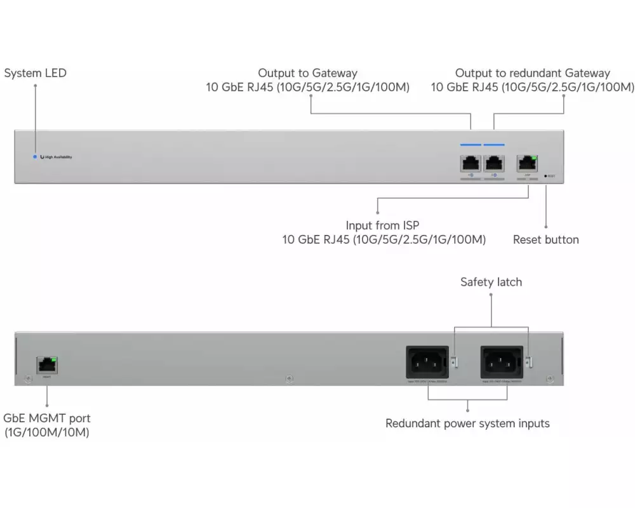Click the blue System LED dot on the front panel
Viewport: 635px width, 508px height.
pyautogui.click(x=34, y=156)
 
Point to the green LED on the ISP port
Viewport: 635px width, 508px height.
pyautogui.click(x=534, y=156)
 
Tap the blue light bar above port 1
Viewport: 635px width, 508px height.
pyautogui.click(x=471, y=145)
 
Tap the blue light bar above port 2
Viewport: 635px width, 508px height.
pyautogui.click(x=494, y=145)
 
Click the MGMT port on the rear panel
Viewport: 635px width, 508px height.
pyautogui.click(x=47, y=365)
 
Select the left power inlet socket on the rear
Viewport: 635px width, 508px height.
pyautogui.click(x=426, y=364)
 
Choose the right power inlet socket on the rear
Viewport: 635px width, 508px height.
pyautogui.click(x=502, y=364)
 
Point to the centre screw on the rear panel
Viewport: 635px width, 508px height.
pyautogui.click(x=290, y=379)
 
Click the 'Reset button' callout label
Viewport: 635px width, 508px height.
pyautogui.click(x=545, y=240)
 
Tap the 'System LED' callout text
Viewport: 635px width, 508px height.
pyautogui.click(x=35, y=73)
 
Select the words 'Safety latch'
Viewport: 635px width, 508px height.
pyautogui.click(x=491, y=282)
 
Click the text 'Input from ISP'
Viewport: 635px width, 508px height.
pyautogui.click(x=382, y=225)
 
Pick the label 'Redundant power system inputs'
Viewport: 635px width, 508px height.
pyautogui.click(x=467, y=423)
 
